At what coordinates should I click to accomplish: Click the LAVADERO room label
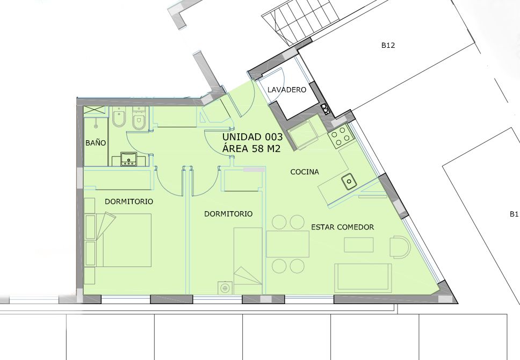coord(287,90)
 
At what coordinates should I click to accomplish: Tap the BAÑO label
coord(96,143)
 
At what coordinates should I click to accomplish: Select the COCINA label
coord(305,172)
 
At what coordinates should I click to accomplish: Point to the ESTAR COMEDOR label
coord(343,227)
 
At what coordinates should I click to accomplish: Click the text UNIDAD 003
coord(252,136)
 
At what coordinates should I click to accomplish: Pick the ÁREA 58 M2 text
coord(251,149)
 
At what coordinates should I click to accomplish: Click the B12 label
coord(388,46)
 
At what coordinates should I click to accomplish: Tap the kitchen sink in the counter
coord(349,182)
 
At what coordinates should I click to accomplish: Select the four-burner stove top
coord(340,136)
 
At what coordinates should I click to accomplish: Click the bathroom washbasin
coord(128,159)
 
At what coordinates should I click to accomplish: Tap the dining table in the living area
coord(288,244)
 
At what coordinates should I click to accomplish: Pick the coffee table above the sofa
coord(359,245)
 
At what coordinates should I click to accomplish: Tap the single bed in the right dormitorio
coord(248,261)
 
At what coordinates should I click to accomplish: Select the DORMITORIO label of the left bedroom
coord(129,201)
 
